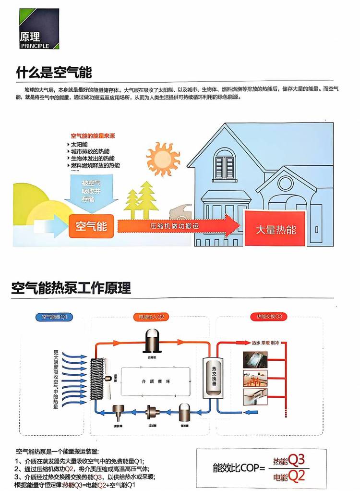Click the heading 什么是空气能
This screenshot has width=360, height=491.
[x=54, y=73]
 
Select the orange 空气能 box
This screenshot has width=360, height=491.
[x=91, y=226]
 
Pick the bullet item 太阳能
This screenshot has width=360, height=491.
[x=80, y=144]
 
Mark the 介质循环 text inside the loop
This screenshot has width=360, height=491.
[x=157, y=381]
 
